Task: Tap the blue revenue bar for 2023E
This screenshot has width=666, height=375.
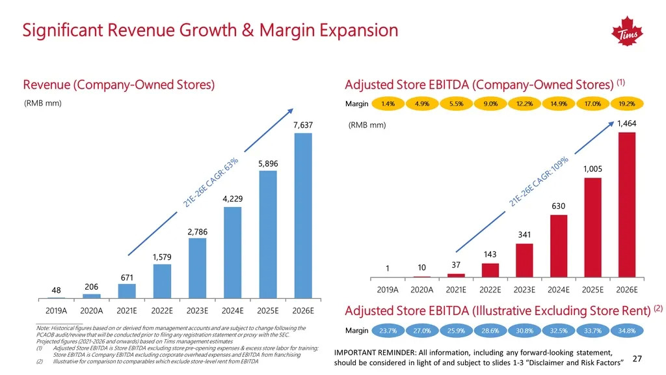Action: [197, 266]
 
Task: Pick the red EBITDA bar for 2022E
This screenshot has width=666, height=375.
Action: [490, 270]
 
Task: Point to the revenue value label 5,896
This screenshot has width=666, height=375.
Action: [268, 164]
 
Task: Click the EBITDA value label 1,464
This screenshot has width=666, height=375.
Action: [626, 124]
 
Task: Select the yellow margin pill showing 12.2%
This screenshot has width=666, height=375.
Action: [524, 104]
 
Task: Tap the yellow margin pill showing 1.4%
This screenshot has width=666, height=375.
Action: [388, 104]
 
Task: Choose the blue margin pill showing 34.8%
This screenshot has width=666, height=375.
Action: [628, 331]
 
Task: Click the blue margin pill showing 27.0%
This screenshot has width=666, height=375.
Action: [422, 331]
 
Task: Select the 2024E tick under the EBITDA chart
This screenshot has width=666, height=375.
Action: [559, 290]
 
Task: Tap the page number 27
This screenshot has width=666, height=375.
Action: [637, 359]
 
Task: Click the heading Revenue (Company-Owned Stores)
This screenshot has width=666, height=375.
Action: [119, 85]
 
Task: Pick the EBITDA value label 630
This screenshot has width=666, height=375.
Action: [559, 206]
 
